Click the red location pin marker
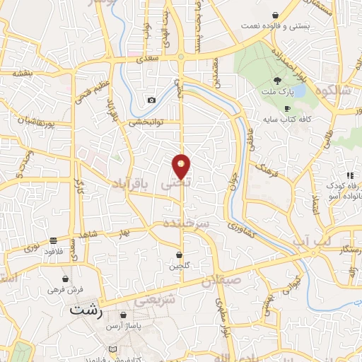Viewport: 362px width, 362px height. point(181,166)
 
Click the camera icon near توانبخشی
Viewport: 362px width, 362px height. point(151,100)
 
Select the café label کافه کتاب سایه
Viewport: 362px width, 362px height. point(286,119)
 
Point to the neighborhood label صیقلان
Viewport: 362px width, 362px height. point(221,281)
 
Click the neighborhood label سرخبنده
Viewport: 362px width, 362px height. point(187,223)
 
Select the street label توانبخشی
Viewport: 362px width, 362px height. point(146,122)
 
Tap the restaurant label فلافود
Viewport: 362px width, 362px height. point(54,251)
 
